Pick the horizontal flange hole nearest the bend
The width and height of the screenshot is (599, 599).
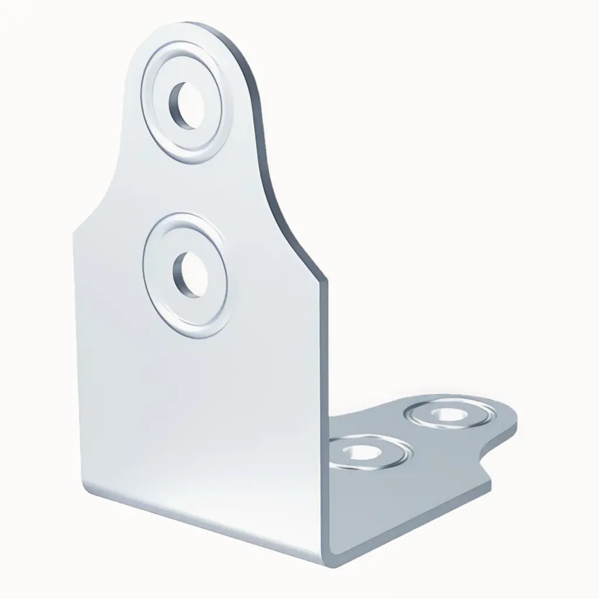360,451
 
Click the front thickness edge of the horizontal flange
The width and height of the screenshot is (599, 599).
409,521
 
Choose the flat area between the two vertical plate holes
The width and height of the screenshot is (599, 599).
186,190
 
